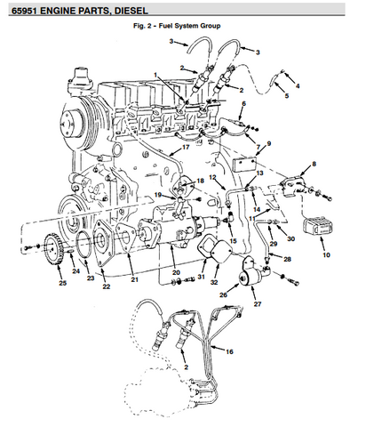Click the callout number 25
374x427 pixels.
62,283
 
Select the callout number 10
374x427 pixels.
326,254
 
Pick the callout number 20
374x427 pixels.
176,272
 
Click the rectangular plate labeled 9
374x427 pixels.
244,165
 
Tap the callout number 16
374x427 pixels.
229,351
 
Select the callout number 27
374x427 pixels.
258,304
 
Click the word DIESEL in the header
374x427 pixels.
131,11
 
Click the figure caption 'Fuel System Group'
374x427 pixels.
189,26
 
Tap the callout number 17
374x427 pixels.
186,147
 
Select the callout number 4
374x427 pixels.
298,85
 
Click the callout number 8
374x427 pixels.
314,164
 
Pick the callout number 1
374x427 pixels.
155,76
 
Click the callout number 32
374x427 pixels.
214,282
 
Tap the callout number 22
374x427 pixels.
106,286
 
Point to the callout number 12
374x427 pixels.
212,177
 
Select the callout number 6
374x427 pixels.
243,103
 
